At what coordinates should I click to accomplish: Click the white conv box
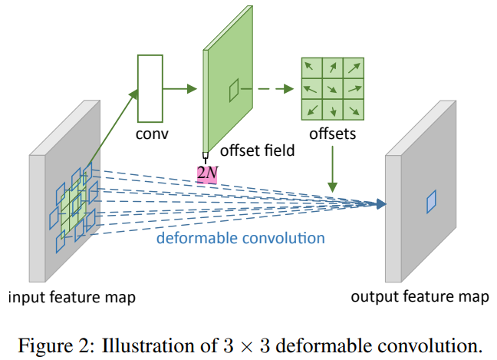(151, 88)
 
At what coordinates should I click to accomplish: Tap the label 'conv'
(151, 135)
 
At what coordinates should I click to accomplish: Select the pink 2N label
(207, 173)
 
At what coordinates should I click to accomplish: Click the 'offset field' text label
(257, 150)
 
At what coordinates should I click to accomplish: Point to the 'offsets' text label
(332, 135)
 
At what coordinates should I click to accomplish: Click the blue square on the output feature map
(432, 200)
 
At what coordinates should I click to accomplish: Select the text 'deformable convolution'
(240, 238)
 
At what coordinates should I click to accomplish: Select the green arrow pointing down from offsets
(333, 169)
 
